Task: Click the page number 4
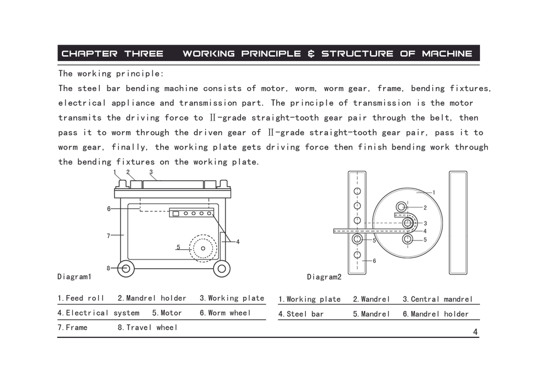pos(475,332)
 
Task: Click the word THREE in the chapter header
pos(144,54)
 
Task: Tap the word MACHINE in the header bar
pos(447,54)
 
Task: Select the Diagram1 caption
pos(74,277)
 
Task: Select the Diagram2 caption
pos(324,277)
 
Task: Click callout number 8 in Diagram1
pos(109,268)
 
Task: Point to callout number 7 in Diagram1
pos(109,236)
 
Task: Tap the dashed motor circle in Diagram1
pos(203,248)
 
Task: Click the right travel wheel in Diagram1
pos(222,268)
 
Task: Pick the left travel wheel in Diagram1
pos(125,268)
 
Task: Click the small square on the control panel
pos(176,213)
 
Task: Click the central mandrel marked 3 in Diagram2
pos(407,223)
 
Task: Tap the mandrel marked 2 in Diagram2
pos(401,207)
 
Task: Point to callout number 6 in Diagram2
pos(374,261)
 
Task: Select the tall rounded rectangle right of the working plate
pos(458,222)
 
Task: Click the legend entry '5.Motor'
pos(167,313)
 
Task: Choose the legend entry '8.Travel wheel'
pos(147,327)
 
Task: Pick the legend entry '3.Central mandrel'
pos(437,299)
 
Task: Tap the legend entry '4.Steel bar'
pos(301,314)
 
